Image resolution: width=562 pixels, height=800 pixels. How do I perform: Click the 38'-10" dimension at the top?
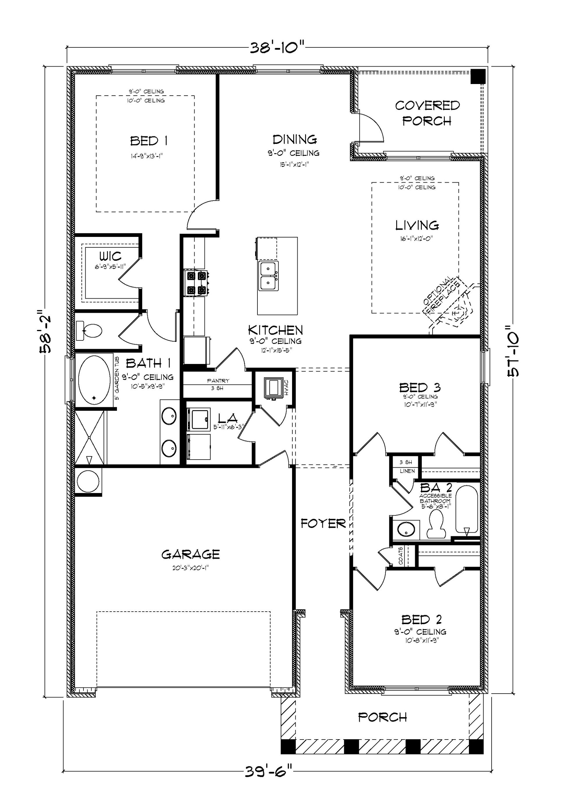click(x=277, y=47)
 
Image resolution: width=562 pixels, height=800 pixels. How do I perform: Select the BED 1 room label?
click(x=149, y=141)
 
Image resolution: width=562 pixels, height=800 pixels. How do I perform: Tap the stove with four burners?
click(x=196, y=283)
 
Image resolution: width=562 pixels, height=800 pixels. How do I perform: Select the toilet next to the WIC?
click(x=90, y=330)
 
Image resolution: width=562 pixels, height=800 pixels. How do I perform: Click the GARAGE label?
click(x=190, y=554)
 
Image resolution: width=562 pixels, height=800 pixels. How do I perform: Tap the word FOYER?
click(x=323, y=523)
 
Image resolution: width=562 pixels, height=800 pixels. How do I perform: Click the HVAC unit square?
click(x=273, y=387)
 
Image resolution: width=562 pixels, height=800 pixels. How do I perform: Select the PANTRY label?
click(x=218, y=381)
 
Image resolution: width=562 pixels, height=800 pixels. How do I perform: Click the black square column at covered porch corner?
click(x=478, y=76)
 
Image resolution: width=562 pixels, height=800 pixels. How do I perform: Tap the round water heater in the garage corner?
click(x=88, y=481)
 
